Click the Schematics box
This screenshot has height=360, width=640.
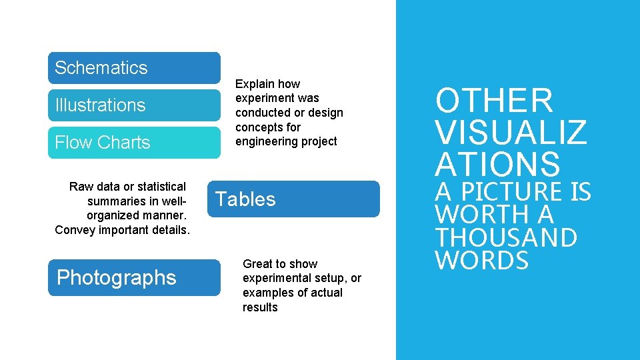[134, 68]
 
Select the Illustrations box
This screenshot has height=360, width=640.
[134, 105]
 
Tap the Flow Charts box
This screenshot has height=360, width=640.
[134, 143]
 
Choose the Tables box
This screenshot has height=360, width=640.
[293, 199]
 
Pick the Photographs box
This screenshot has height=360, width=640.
[134, 277]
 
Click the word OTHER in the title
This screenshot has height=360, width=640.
[494, 101]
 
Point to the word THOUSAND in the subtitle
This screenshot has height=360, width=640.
[506, 237]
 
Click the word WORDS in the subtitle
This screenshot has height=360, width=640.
[482, 261]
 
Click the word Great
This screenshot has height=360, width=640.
[257, 264]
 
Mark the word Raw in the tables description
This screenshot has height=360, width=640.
[81, 187]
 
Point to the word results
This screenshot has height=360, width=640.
[260, 307]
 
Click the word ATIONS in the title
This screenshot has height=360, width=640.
[497, 164]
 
